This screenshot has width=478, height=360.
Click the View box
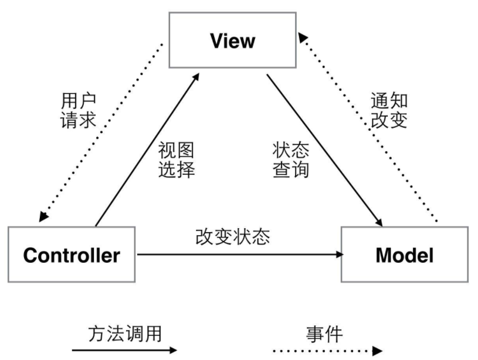[232, 41]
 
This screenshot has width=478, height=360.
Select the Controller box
[72, 255]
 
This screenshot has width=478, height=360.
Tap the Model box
[405, 255]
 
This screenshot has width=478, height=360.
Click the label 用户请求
[78, 110]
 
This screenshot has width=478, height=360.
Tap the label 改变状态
[233, 236]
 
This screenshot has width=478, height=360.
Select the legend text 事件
[324, 334]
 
